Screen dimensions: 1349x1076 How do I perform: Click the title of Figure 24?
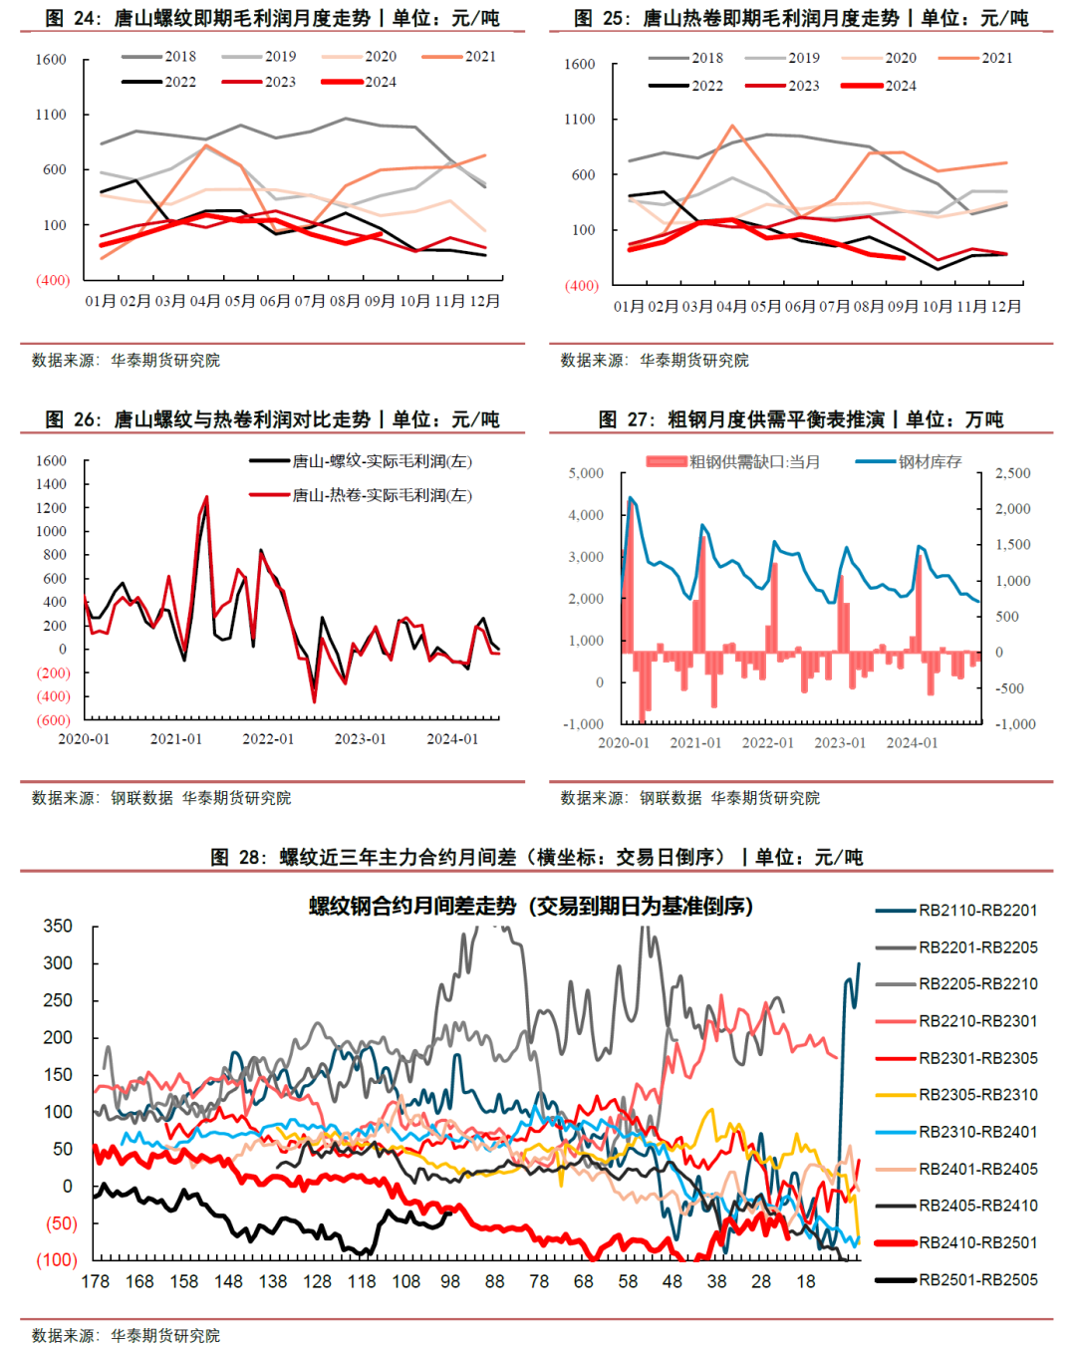pyautogui.click(x=272, y=18)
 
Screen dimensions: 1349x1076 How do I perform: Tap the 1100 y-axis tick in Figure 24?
pyautogui.click(x=51, y=115)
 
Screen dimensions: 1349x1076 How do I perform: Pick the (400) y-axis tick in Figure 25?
pyautogui.click(x=581, y=285)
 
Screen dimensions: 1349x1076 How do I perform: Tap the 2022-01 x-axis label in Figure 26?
pyautogui.click(x=268, y=739)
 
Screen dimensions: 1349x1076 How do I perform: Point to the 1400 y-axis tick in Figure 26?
pyautogui.click(x=51, y=484)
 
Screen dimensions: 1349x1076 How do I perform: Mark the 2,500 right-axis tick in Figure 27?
pyautogui.click(x=1013, y=473)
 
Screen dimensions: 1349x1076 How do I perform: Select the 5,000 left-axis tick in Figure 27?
pyautogui.click(x=586, y=473)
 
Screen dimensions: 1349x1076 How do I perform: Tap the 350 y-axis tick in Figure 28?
pyautogui.click(x=58, y=927)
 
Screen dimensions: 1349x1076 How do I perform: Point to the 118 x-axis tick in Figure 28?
pyautogui.click(x=361, y=1282)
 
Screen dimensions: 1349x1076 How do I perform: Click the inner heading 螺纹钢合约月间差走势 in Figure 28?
pyautogui.click(x=530, y=907)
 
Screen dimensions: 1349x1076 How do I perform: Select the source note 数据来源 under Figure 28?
pyautogui.click(x=126, y=1335)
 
